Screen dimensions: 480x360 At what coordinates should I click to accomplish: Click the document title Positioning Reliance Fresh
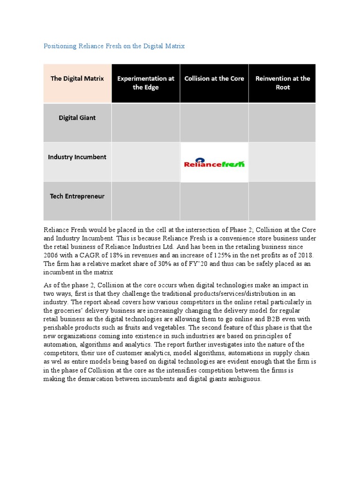pos(114,46)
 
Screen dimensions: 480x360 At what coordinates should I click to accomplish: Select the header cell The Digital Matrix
pos(77,79)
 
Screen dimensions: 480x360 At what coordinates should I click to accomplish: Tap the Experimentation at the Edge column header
pos(146,83)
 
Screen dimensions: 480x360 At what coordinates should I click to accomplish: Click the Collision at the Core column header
pos(214,79)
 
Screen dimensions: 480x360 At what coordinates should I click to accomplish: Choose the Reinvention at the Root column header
pos(283,83)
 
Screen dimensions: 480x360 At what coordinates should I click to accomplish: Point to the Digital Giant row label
pos(77,118)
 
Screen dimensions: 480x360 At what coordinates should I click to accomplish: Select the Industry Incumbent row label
pos(77,157)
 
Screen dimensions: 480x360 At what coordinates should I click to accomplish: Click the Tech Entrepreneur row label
pos(77,196)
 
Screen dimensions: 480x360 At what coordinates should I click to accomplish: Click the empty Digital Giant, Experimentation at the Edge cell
pos(146,122)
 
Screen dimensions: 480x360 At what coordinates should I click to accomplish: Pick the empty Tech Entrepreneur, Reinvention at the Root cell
pos(282,201)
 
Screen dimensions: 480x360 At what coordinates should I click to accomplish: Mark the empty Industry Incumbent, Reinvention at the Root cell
pos(282,162)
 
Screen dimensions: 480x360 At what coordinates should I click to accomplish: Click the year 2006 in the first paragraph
pos(51,255)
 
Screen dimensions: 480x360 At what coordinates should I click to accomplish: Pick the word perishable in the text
pos(61,328)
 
